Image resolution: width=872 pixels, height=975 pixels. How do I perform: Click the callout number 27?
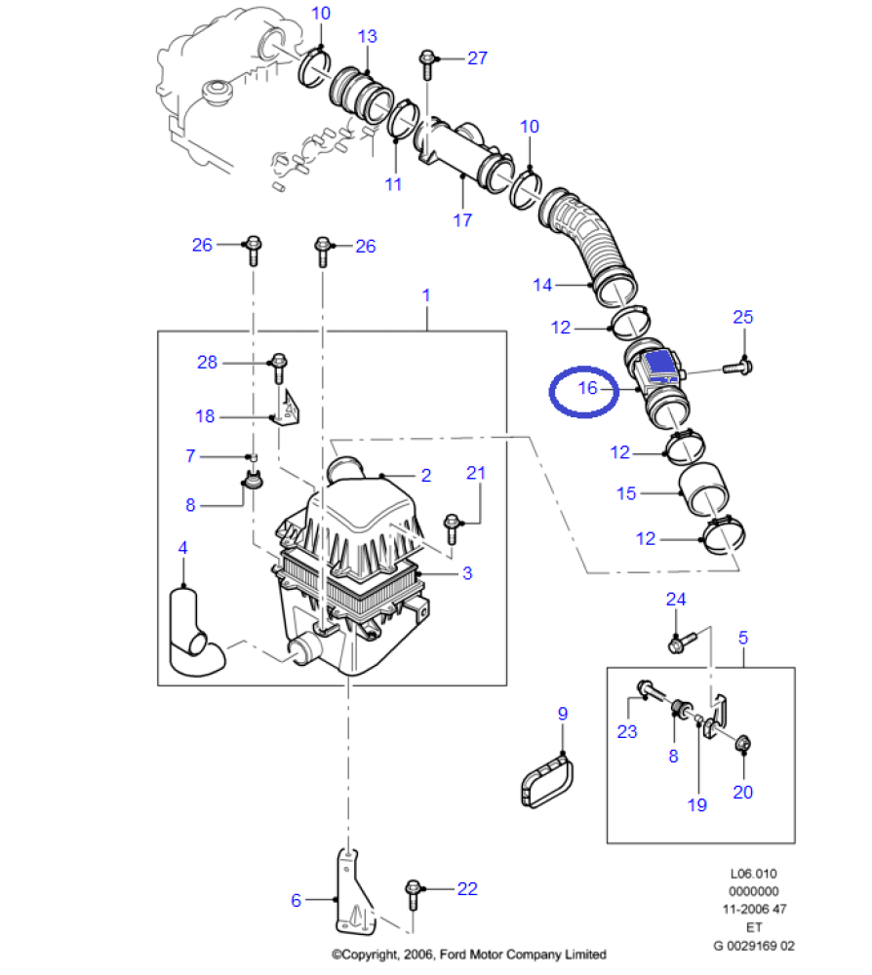coord(476,58)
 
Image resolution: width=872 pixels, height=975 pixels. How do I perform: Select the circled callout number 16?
coord(586,388)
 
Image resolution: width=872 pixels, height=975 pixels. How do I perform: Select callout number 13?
coord(367,37)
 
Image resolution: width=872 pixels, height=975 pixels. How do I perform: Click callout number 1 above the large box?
coord(425,293)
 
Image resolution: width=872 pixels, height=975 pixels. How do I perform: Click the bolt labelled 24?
coord(681,642)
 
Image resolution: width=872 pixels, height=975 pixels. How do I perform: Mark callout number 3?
coord(466,573)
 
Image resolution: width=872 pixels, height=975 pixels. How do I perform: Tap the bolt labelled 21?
coord(452,526)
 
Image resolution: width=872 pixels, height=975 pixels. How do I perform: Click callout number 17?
coord(462,219)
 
